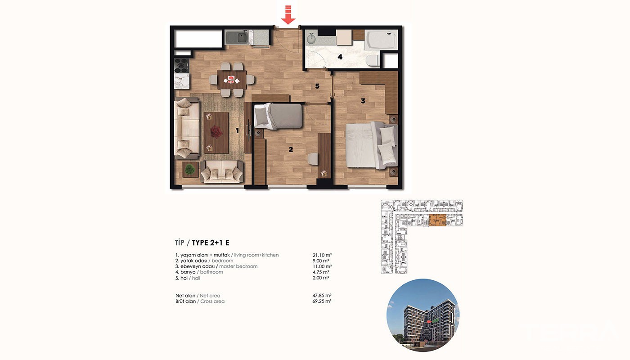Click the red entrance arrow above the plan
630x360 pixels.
[x=288, y=15]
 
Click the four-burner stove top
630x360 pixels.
[x=181, y=66]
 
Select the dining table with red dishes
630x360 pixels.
[x=232, y=80]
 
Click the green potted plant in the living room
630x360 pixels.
[x=190, y=169]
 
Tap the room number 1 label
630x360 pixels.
[x=237, y=130]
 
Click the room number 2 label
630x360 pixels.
[x=291, y=149]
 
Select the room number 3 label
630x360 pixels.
[x=363, y=101]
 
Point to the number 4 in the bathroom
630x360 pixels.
[x=340, y=57]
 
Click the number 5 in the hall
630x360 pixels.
[x=317, y=86]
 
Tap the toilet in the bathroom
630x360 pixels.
[x=373, y=60]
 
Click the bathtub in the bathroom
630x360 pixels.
[x=382, y=40]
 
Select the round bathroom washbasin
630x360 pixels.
[x=311, y=39]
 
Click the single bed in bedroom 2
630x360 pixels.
[x=278, y=116]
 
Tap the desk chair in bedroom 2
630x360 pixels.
[x=313, y=159]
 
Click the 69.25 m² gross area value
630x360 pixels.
[x=322, y=301]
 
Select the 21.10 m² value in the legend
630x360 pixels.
[x=322, y=255]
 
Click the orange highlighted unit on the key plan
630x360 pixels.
[x=437, y=220]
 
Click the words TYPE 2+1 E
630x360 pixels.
[x=211, y=243]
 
